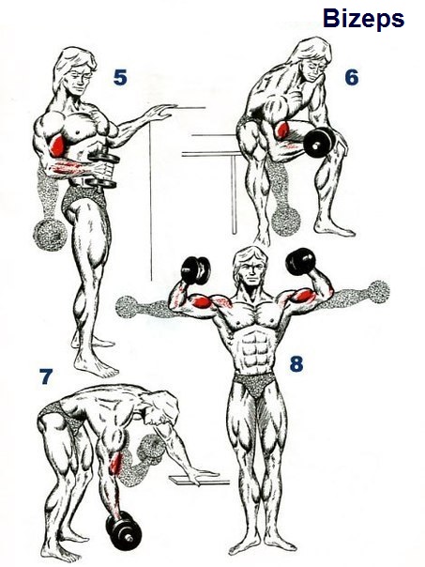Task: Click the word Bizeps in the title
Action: tap(363, 20)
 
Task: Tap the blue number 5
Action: tap(120, 77)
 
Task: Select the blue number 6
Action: tap(351, 77)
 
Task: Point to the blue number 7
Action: tap(46, 376)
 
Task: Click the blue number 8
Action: tap(296, 363)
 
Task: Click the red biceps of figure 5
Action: tap(56, 144)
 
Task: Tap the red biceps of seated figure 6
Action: tap(281, 130)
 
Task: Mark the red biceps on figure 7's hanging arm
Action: tap(115, 463)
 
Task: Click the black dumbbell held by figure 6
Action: tap(319, 141)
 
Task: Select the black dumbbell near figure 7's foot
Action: tap(123, 530)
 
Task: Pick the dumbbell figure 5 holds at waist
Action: tap(104, 169)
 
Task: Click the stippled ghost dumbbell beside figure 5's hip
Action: tap(51, 235)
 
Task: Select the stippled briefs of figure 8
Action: tap(255, 384)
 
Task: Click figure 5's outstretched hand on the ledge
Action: tap(160, 112)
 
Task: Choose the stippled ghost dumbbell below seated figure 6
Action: tap(286, 220)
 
